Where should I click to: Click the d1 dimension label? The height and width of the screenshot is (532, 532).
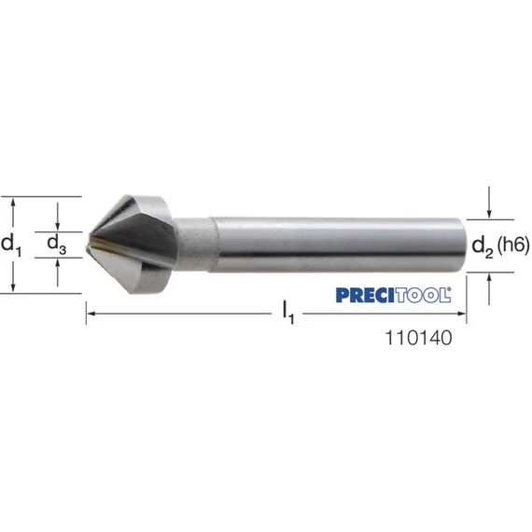11,245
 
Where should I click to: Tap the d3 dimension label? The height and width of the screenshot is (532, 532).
57,244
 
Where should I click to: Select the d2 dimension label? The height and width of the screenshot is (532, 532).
483,246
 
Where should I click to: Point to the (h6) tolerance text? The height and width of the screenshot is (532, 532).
513,245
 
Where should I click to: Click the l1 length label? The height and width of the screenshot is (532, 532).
288,313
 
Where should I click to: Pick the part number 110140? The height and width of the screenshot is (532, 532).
419,338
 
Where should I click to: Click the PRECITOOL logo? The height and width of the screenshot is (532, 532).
393,295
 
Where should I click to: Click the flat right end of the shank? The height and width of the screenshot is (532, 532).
464,245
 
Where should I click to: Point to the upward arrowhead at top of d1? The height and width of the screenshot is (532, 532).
13,202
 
